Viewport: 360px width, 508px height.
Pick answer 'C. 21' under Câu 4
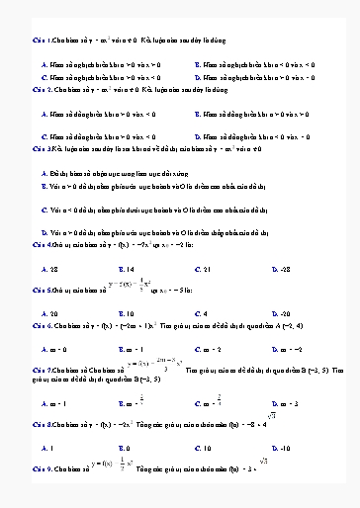click(202, 268)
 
